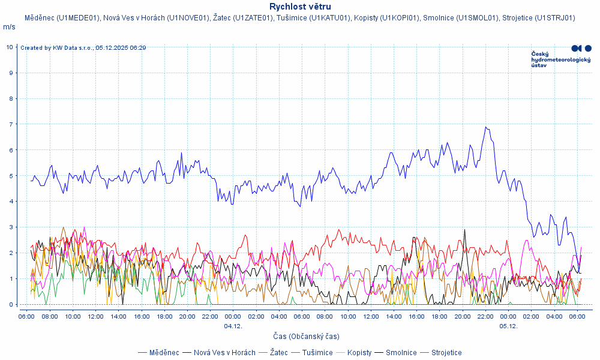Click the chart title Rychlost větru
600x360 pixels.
tap(300, 7)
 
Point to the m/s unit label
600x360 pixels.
tap(9, 27)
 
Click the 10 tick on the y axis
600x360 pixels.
tap(10, 47)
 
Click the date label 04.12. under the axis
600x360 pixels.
tap(233, 326)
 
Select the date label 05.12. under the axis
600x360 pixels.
tap(508, 326)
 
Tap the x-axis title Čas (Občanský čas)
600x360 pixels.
tap(305, 337)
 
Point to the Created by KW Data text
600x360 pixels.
tap(83, 47)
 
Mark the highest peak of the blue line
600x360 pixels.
tap(486, 127)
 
